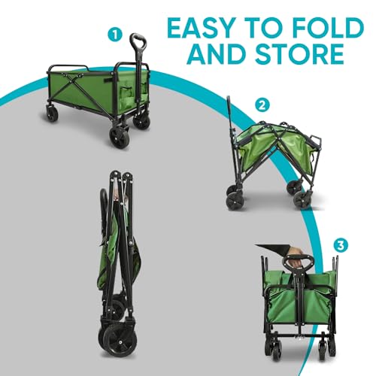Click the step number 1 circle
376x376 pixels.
coord(115,34)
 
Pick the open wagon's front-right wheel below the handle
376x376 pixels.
coord(120,136)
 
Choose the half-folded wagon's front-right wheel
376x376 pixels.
coord(302,199)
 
